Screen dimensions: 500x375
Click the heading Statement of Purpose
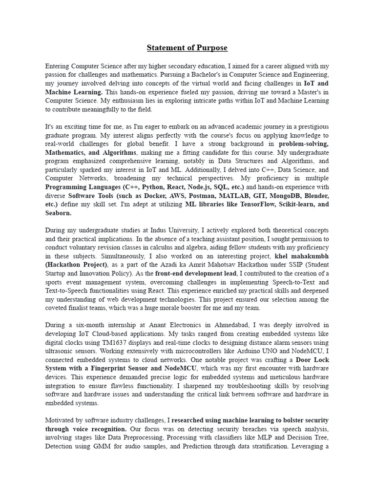pos(187,48)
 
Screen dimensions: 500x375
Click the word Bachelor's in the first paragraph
pos(185,74)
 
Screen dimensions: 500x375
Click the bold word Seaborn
pos(58,213)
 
